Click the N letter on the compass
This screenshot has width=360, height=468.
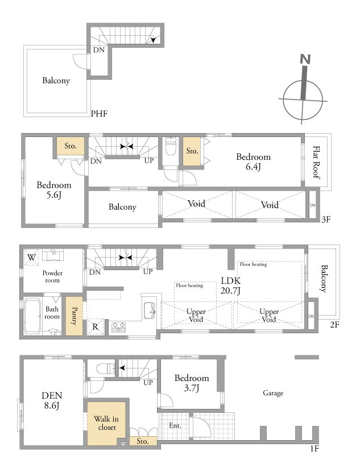click(305, 59)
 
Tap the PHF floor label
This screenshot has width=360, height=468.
click(99, 114)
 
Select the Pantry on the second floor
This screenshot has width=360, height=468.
click(74, 316)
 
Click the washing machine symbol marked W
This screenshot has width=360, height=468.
click(31, 256)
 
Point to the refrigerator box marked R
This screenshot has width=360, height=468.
click(95, 327)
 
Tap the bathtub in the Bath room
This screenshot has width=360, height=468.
click(32, 316)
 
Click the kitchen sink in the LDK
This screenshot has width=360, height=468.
click(149, 310)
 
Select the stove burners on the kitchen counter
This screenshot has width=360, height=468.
click(118, 327)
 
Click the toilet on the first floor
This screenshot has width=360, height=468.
click(106, 368)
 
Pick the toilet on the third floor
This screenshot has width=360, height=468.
click(171, 146)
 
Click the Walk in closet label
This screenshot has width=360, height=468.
click(106, 423)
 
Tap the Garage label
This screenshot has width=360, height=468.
click(273, 393)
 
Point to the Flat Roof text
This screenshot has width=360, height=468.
click(316, 162)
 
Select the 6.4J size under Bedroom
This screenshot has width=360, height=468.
click(253, 167)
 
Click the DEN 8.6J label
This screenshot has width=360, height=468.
click(52, 400)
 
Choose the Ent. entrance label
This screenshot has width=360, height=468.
click(175, 425)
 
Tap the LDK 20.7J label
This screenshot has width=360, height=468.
click(230, 285)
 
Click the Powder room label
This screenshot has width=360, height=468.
click(52, 276)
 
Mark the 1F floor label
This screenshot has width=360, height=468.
click(315, 449)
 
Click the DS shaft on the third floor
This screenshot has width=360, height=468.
click(313, 205)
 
